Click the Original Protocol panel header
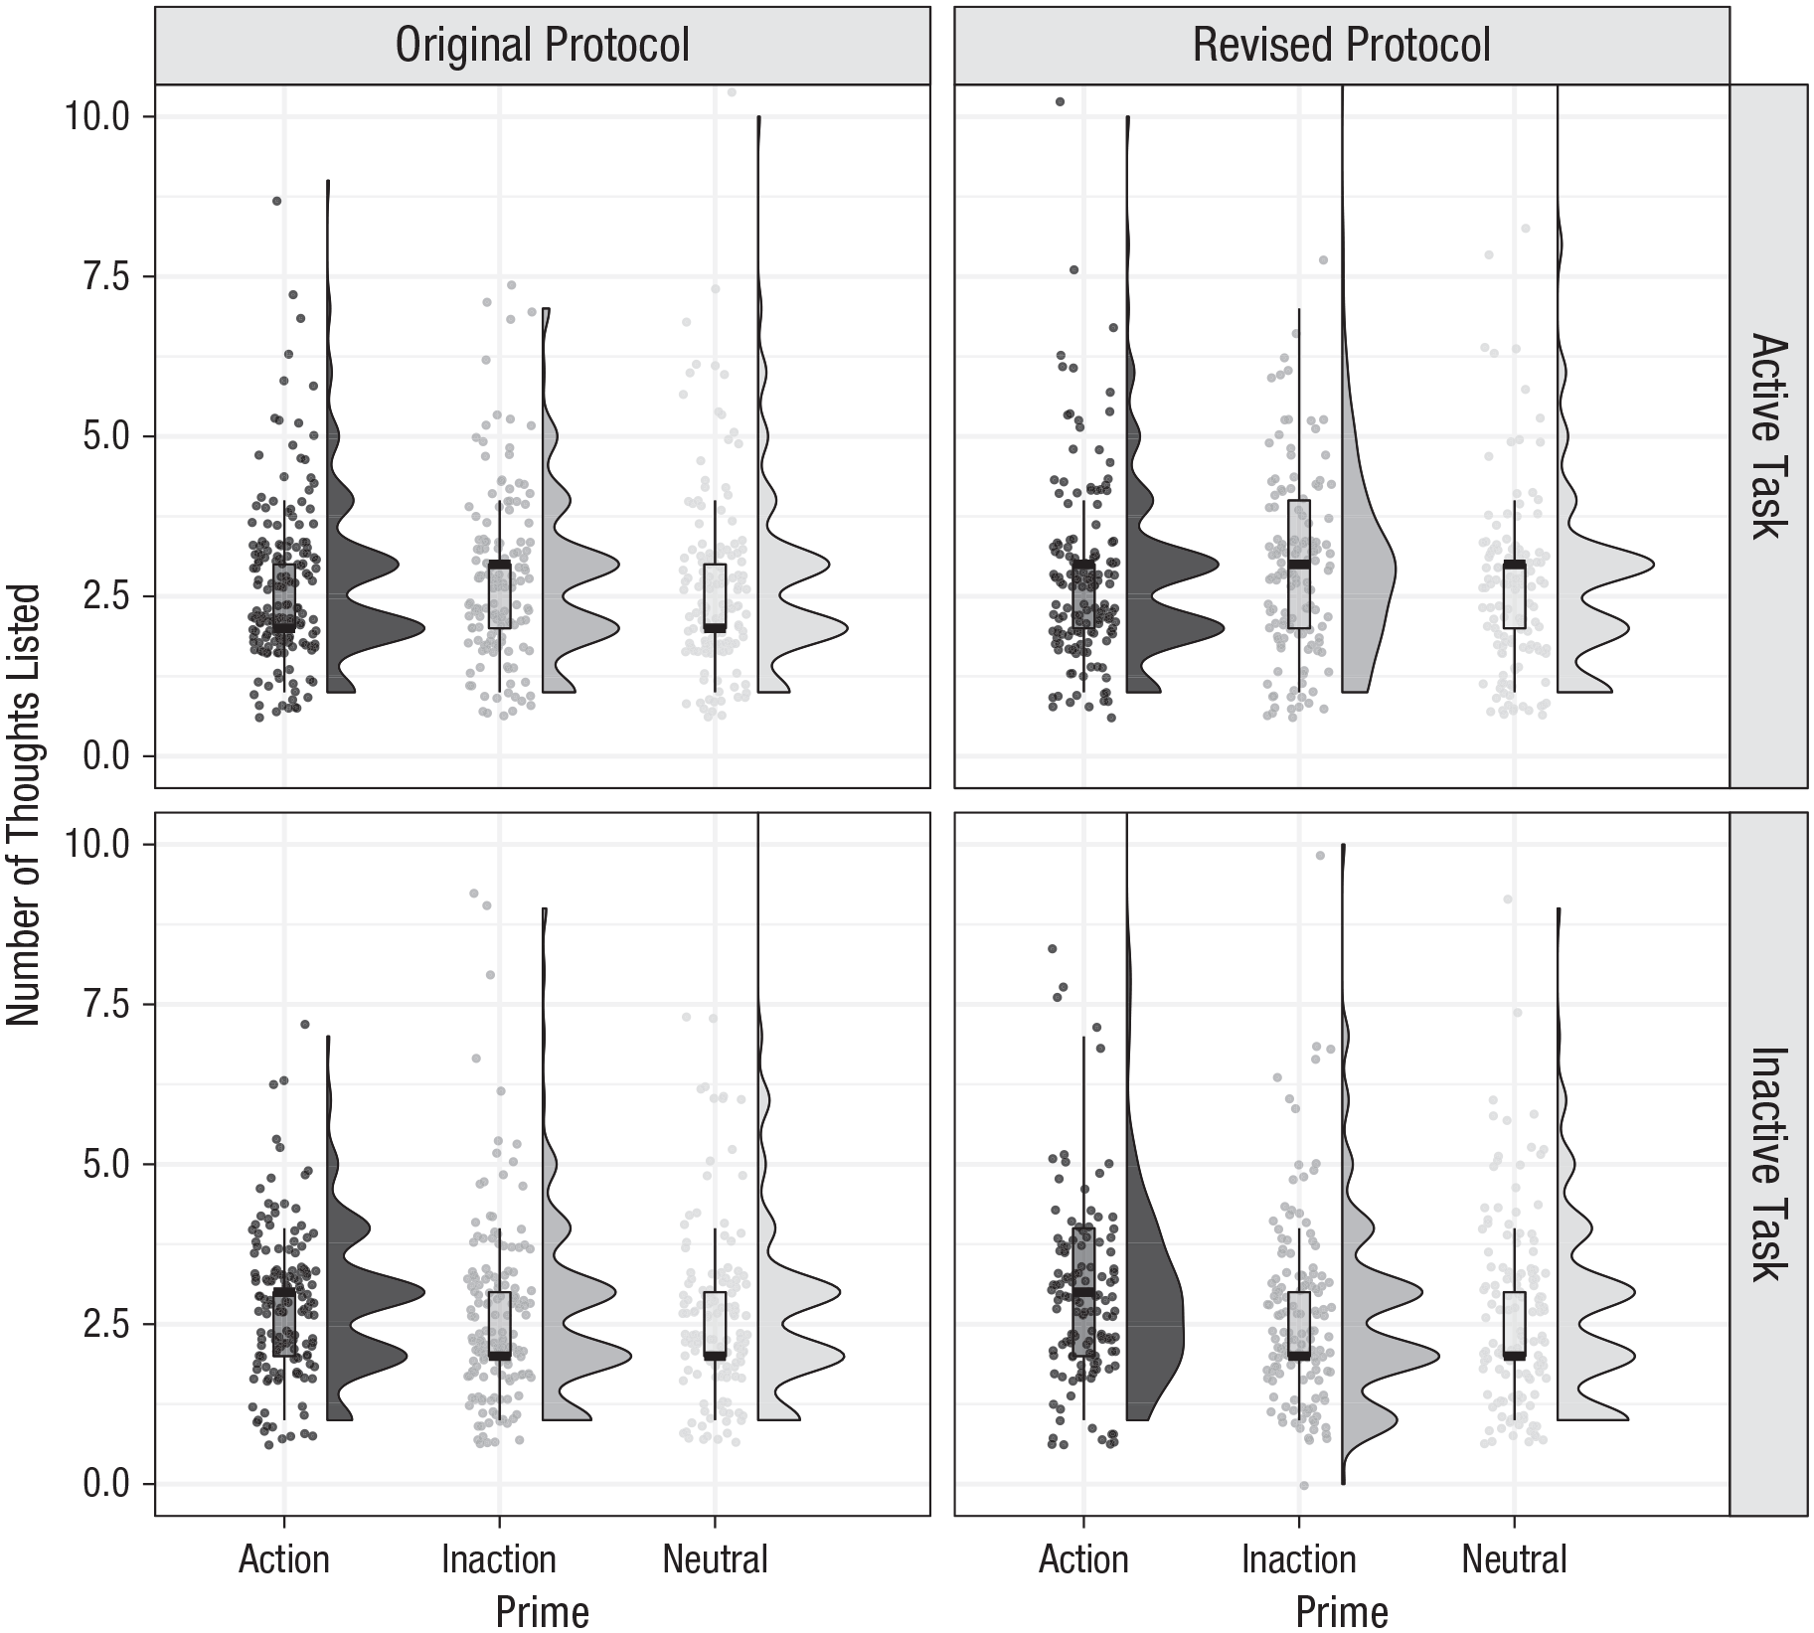[x=543, y=45]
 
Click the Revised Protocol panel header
[x=1342, y=45]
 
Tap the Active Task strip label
[x=1769, y=436]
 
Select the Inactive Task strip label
[x=1769, y=1164]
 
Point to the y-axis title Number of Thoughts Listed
[x=23, y=805]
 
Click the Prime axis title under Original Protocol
[x=543, y=1611]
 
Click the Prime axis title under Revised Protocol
[x=1342, y=1611]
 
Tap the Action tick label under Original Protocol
[x=284, y=1558]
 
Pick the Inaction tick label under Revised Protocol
[x=1299, y=1558]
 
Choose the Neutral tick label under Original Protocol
[x=716, y=1558]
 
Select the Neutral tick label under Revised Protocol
[x=1514, y=1558]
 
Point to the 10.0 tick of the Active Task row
[x=97, y=117]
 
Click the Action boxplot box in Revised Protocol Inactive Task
[x=1083, y=1292]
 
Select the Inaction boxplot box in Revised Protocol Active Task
[x=1299, y=565]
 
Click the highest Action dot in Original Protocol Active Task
[x=277, y=201]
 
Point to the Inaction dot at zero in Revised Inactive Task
[x=1303, y=1486]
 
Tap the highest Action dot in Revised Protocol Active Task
[x=1061, y=101]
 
